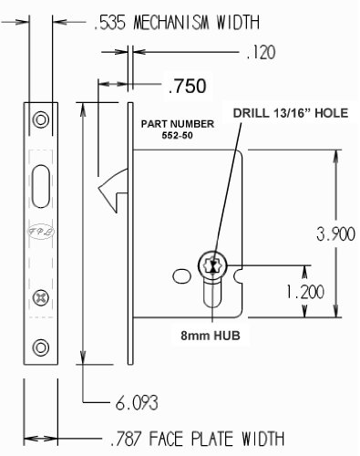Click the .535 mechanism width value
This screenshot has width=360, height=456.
[109, 23]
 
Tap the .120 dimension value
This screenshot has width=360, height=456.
[261, 52]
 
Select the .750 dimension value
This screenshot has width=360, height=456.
[188, 86]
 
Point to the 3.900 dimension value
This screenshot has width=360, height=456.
[335, 233]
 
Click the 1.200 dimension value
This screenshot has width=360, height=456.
[304, 292]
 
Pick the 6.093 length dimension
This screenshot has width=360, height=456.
[137, 403]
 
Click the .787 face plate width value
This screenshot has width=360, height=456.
[126, 439]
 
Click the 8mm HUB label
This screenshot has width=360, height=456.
[211, 336]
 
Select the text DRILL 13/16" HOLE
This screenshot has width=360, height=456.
[291, 113]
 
